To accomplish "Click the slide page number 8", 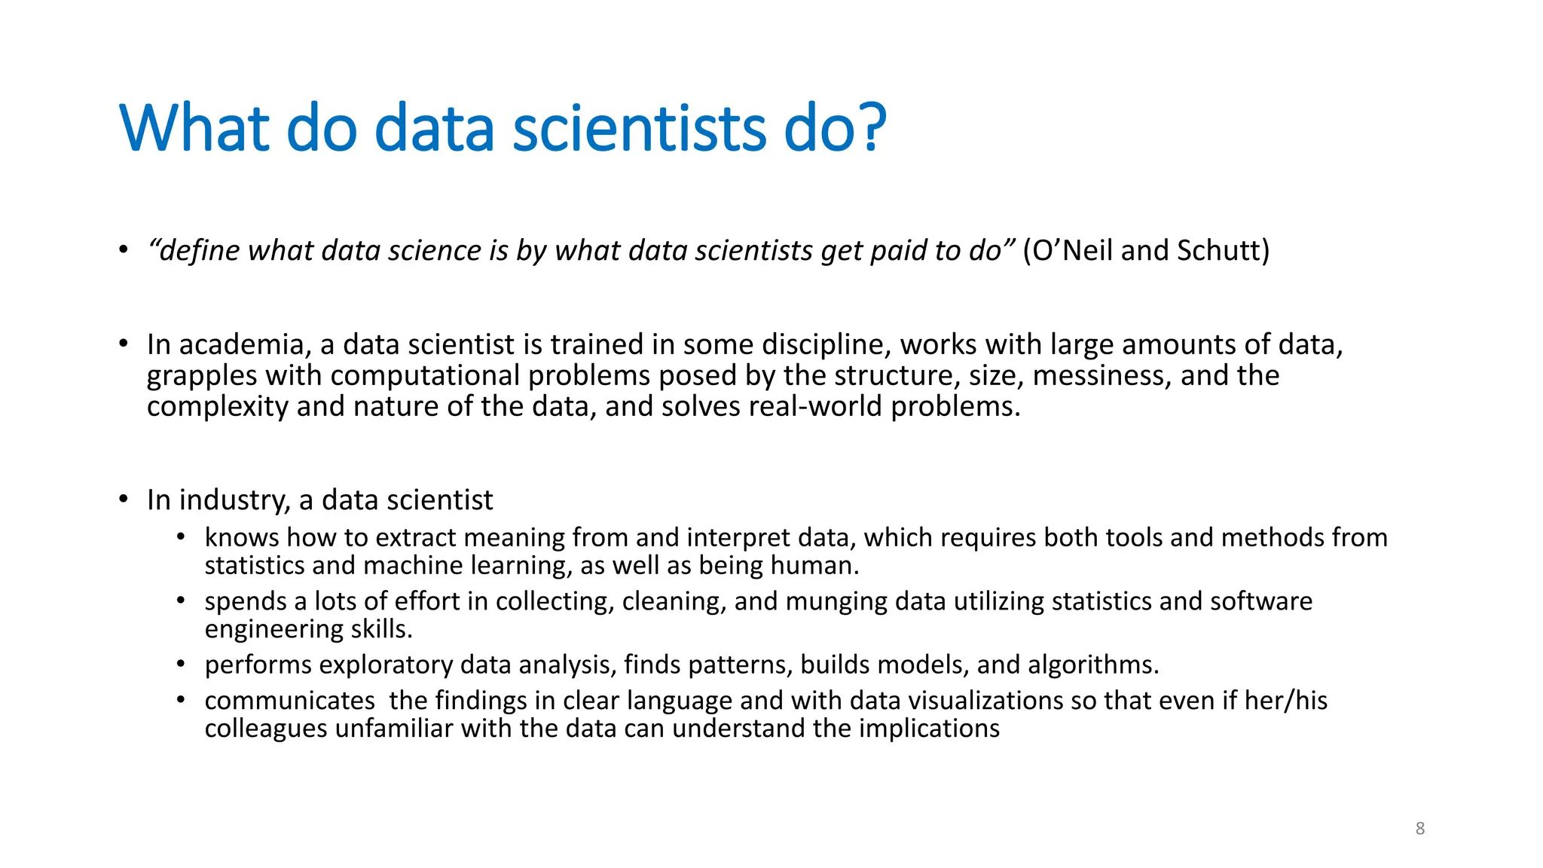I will click(x=1420, y=828).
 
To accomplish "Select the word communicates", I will click(x=290, y=701).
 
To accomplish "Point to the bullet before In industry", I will click(x=124, y=500).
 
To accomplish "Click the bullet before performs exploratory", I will click(x=181, y=665).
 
